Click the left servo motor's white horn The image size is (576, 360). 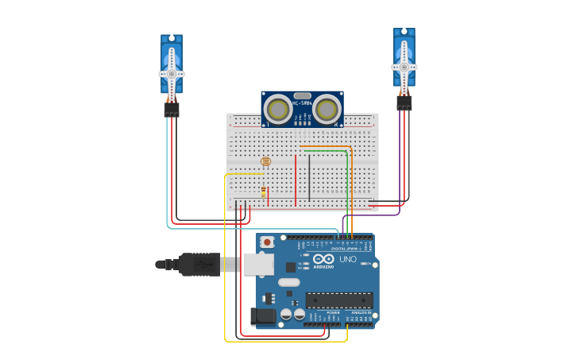[172, 74]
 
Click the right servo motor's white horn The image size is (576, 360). [404, 68]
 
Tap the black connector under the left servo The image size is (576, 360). [172, 110]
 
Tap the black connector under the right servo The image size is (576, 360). [404, 103]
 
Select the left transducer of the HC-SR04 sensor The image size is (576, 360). [278, 108]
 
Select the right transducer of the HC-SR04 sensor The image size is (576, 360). [327, 108]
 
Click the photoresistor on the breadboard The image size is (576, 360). [265, 161]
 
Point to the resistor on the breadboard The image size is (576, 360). [264, 192]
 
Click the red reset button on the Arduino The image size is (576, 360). [268, 242]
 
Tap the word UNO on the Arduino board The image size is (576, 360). [348, 259]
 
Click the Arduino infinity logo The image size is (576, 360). [323, 259]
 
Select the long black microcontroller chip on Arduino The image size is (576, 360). [339, 300]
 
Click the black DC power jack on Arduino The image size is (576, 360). [263, 317]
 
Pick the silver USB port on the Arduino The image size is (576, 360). [257, 264]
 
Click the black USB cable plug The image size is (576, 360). [199, 264]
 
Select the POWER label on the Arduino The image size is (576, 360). [332, 312]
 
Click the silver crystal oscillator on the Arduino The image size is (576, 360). [289, 282]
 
